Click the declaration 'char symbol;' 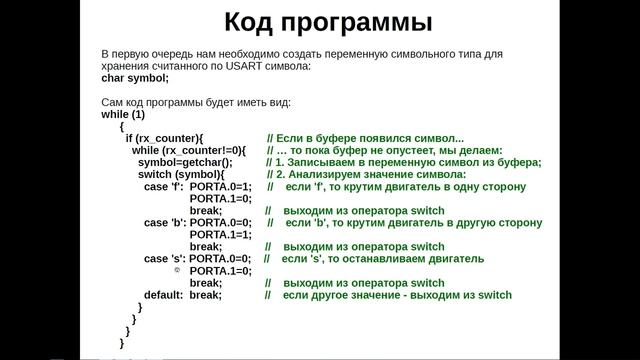[x=135, y=78]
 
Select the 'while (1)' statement [x=123, y=113]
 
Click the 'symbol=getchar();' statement [x=185, y=162]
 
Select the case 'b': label [x=164, y=222]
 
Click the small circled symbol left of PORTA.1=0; [x=177, y=271]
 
